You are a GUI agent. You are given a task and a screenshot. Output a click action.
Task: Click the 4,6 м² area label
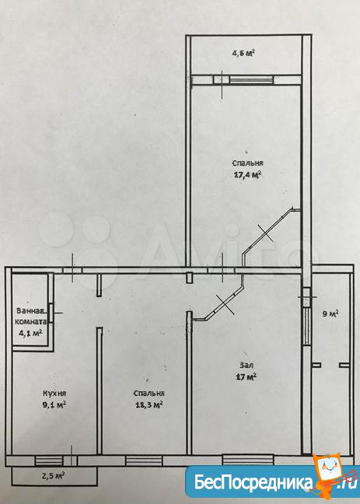tap(243, 53)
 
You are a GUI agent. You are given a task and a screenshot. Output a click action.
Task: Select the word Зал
tap(246, 366)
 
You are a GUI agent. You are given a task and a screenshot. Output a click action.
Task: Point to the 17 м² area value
tap(246, 376)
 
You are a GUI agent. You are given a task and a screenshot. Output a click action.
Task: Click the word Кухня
tap(54, 394)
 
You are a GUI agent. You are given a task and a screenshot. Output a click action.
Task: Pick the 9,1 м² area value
tap(54, 404)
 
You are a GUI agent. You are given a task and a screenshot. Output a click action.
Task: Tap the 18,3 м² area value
tap(149, 404)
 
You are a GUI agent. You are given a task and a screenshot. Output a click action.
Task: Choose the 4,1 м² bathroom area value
tap(31, 334)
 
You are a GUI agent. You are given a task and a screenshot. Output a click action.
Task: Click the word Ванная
tap(31, 311)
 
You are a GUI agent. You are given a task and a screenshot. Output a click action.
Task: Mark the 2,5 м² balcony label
tap(54, 475)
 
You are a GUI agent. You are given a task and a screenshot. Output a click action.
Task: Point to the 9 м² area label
tap(331, 313)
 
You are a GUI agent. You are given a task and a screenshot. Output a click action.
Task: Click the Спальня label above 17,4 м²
tap(247, 163)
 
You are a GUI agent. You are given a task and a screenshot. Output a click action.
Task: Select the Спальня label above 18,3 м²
tap(149, 394)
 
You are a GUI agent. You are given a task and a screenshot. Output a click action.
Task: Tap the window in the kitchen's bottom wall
tap(49, 461)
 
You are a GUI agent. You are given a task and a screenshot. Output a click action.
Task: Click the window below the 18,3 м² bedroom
tap(144, 461)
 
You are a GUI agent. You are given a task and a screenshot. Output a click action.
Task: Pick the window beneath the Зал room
tap(248, 460)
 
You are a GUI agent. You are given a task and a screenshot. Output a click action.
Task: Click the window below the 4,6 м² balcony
tap(251, 79)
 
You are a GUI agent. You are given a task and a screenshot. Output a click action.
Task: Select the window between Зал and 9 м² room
tap(307, 326)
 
